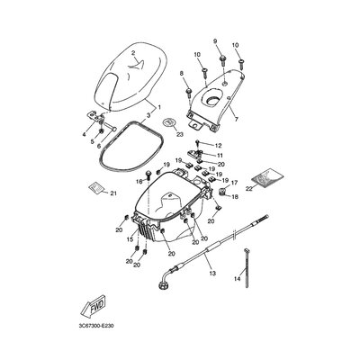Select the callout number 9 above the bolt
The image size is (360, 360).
[215, 42]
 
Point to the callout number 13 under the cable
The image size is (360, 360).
[211, 272]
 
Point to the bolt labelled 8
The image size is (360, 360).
[187, 92]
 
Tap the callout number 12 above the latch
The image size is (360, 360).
[217, 144]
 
